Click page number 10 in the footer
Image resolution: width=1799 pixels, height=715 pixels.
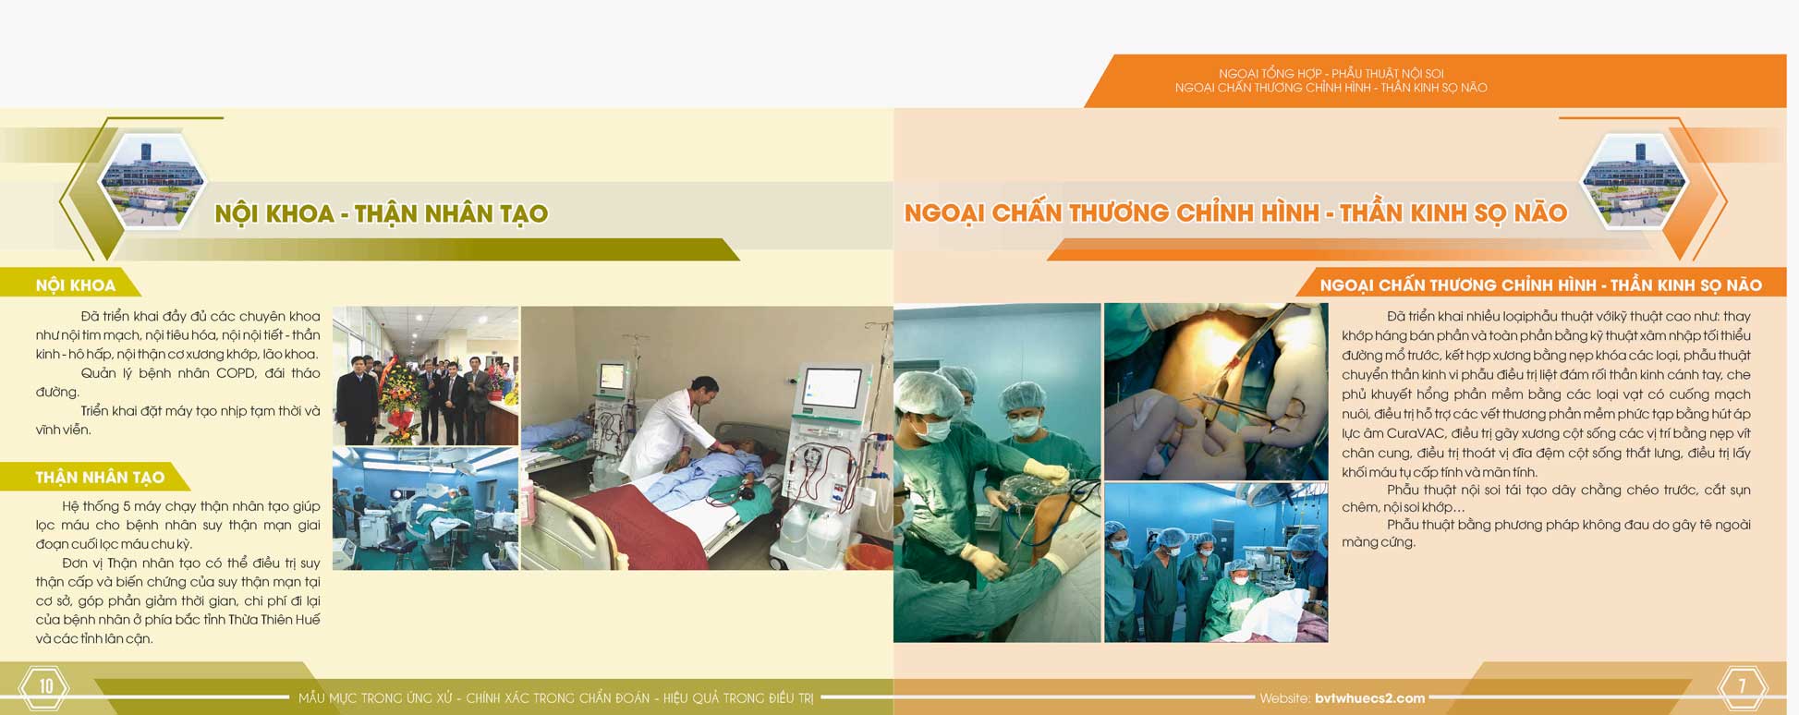46,686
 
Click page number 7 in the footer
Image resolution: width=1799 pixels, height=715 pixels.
1742,686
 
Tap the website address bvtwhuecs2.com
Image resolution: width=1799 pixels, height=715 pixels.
1369,698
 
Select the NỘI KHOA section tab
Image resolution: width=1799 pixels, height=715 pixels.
76,285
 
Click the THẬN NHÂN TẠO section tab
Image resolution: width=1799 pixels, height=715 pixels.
100,478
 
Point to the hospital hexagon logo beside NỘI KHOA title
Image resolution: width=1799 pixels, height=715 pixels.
152,181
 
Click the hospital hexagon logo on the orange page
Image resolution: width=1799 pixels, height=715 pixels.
1635,181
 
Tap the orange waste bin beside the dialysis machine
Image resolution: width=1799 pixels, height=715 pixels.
869,556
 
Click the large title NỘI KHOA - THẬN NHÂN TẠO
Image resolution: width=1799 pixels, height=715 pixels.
381,214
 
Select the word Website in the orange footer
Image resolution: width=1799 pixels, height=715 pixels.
1284,698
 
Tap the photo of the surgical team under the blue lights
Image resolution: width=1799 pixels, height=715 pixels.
1216,563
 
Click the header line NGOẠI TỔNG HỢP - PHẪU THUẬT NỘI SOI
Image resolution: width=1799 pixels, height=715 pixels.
1331,73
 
